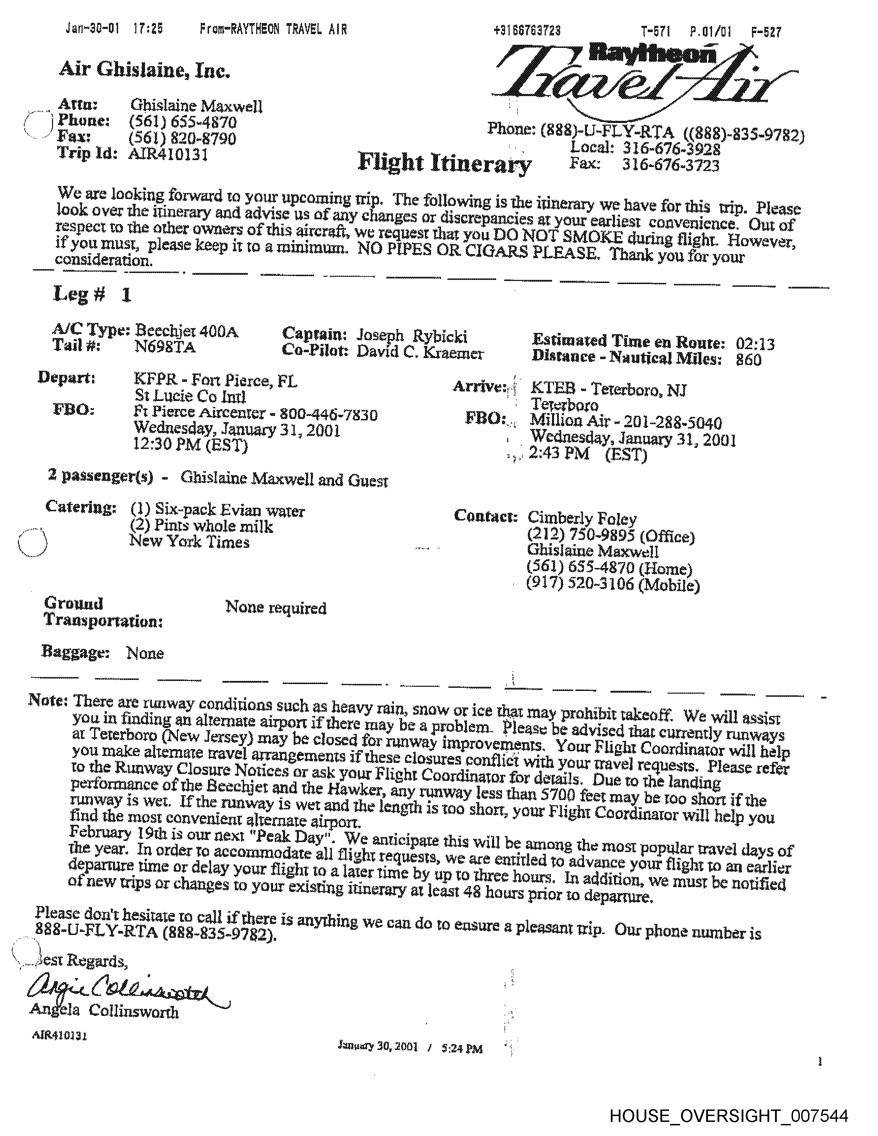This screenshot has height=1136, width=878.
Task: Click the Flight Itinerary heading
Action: [x=445, y=163]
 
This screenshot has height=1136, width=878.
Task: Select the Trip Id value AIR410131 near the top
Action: [x=168, y=155]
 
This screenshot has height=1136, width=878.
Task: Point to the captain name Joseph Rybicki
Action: [x=411, y=336]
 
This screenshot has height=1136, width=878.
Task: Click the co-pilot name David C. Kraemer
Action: [x=420, y=352]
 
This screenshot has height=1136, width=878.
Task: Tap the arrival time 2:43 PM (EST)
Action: [x=588, y=454]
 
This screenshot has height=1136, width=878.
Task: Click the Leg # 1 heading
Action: [x=92, y=295]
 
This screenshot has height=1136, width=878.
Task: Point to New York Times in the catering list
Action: [x=189, y=542]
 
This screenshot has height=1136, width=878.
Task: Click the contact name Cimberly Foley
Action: [x=582, y=518]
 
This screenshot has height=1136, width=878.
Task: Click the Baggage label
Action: [x=75, y=652]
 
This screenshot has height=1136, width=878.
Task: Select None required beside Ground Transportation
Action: [x=276, y=608]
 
